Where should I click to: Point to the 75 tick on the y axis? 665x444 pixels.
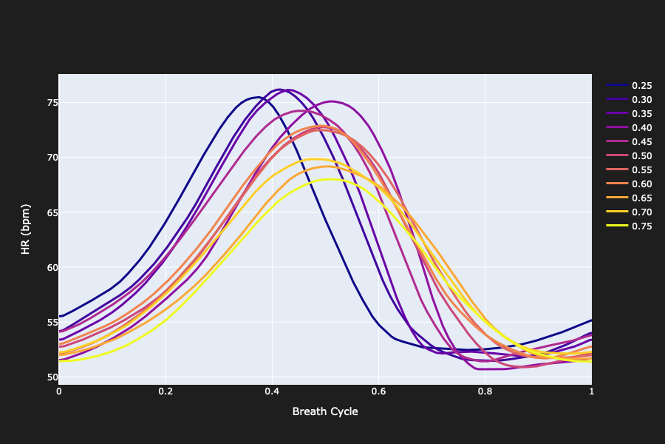(48, 103)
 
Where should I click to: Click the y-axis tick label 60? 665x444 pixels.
(48, 268)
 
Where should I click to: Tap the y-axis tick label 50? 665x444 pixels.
(48, 377)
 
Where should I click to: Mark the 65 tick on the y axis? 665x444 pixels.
(48, 212)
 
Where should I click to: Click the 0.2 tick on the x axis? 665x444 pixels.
(166, 391)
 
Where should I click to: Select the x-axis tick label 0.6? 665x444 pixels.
(378, 391)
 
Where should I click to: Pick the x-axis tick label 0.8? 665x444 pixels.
(485, 391)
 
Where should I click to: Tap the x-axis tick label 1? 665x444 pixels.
(591, 391)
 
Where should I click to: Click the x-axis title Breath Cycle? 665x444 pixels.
(325, 411)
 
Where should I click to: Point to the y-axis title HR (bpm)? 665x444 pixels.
(25, 229)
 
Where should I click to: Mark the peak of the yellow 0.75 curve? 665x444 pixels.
(330, 179)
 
